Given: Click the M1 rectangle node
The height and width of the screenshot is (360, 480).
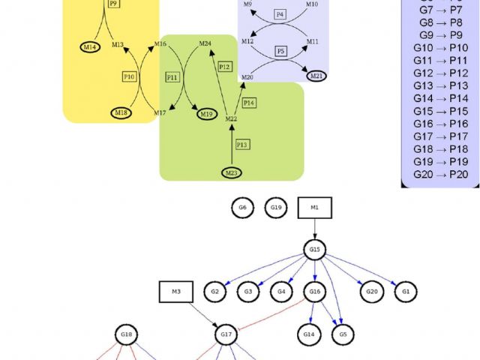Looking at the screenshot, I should tap(315, 207).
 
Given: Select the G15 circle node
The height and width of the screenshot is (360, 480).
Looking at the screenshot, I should tap(315, 249).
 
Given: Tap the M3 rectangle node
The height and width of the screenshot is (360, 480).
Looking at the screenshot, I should tap(176, 290).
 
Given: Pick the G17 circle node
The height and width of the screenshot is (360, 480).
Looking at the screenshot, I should tap(225, 333).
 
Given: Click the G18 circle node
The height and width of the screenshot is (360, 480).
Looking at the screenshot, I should tap(127, 333).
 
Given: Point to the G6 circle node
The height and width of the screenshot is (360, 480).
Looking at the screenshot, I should tap(242, 207).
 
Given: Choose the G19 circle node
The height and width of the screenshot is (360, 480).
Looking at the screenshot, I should tap(275, 207).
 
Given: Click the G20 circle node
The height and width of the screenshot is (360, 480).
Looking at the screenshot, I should tap(370, 291).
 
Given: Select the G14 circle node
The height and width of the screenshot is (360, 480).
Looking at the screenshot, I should tap(309, 333).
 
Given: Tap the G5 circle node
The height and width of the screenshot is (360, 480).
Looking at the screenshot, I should tap(343, 333).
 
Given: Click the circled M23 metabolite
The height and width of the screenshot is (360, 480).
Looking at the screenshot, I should tap(232, 173).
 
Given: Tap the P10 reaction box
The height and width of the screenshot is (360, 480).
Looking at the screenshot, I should tap(129, 76).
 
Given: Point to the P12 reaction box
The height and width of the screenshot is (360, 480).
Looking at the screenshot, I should tap(225, 67).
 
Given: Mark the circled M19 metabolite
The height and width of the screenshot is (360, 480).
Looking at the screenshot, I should tap(208, 113).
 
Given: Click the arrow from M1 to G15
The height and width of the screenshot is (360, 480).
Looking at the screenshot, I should tap(315, 228).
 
